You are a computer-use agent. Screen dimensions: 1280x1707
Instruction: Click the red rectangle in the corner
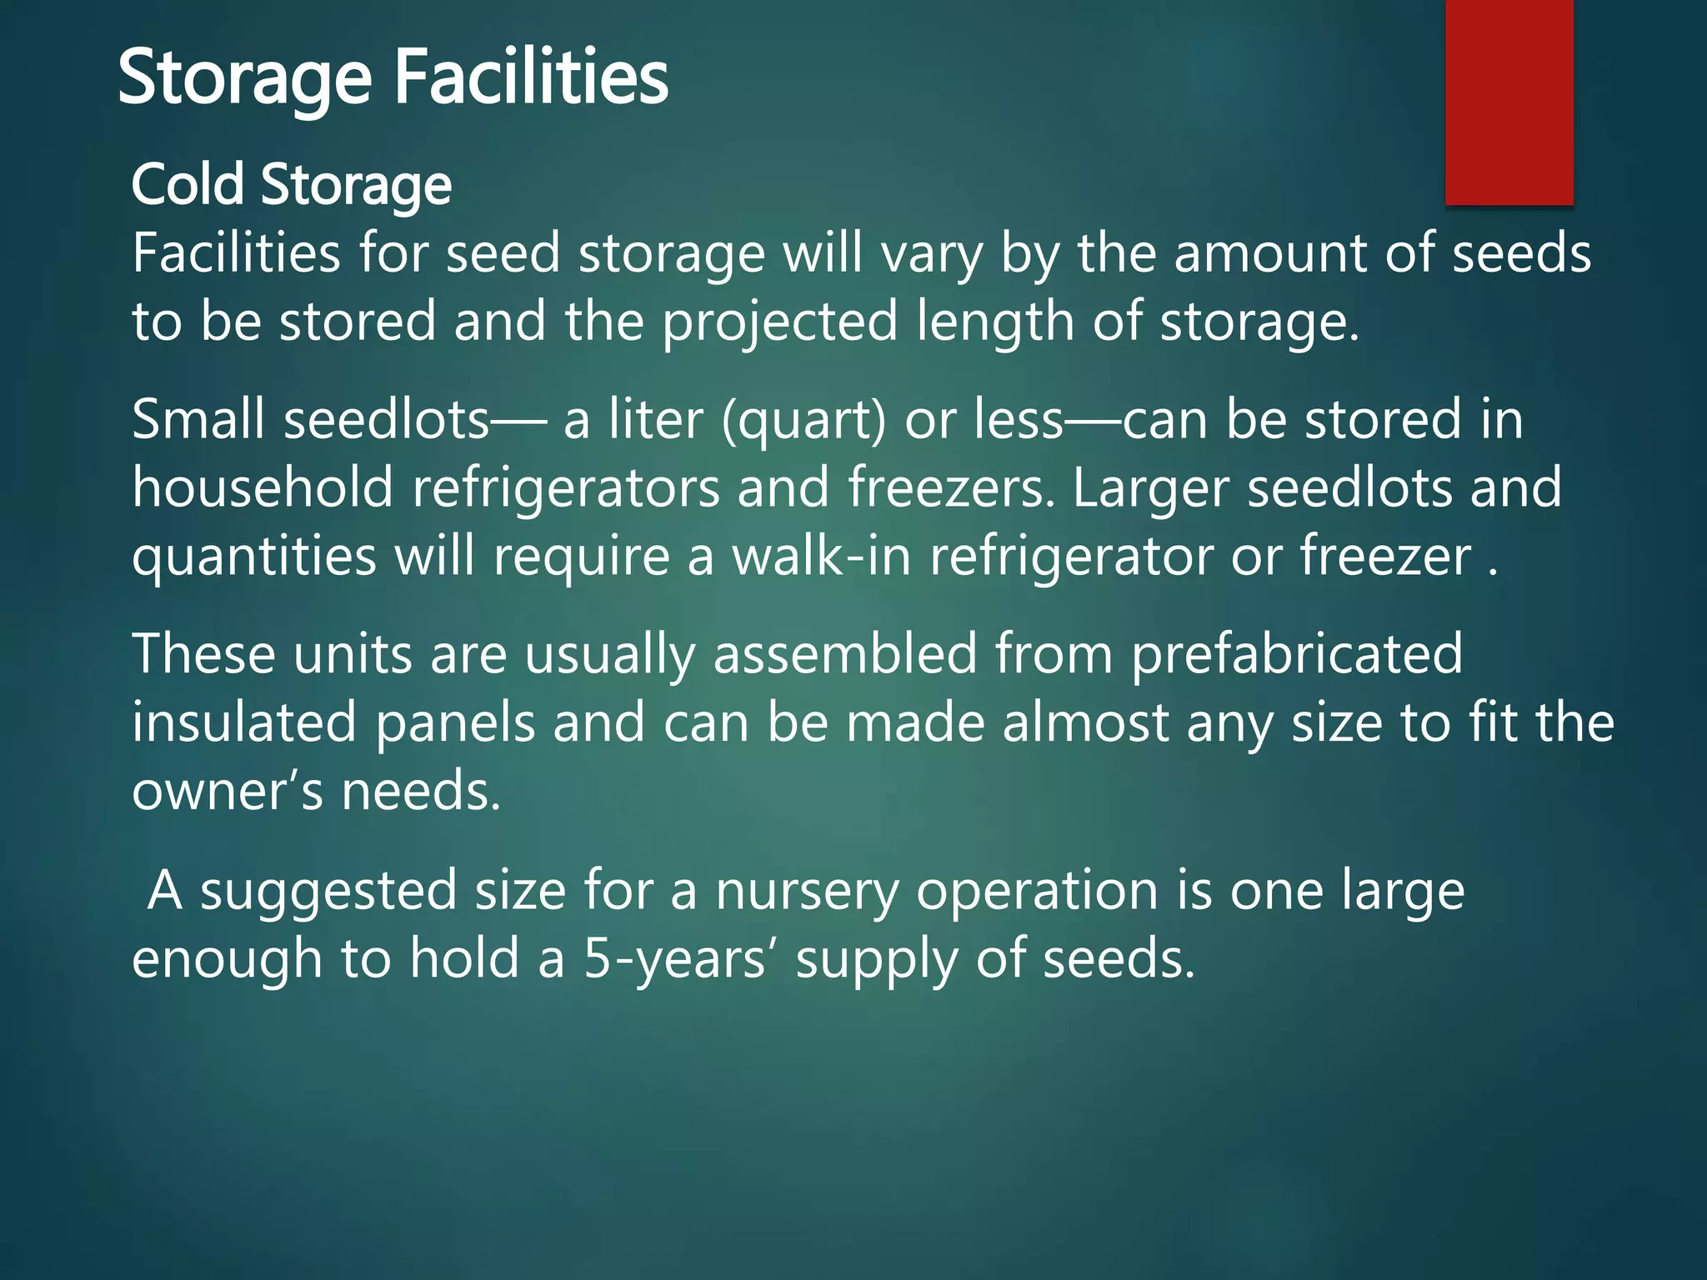(x=1509, y=102)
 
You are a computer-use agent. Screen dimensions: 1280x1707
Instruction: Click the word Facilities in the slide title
(x=530, y=77)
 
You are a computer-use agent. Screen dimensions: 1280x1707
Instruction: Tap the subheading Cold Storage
(x=291, y=184)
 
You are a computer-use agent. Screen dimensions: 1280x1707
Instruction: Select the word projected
(x=779, y=322)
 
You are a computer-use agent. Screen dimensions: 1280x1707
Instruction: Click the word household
(x=263, y=488)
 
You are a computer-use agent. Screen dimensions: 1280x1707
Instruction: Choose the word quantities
(x=254, y=557)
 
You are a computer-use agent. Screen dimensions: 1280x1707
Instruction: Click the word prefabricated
(x=1296, y=654)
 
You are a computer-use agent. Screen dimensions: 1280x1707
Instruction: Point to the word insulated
(x=244, y=722)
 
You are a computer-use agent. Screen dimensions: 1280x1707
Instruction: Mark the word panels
(x=455, y=722)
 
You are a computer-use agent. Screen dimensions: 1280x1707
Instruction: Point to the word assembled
(x=844, y=654)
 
